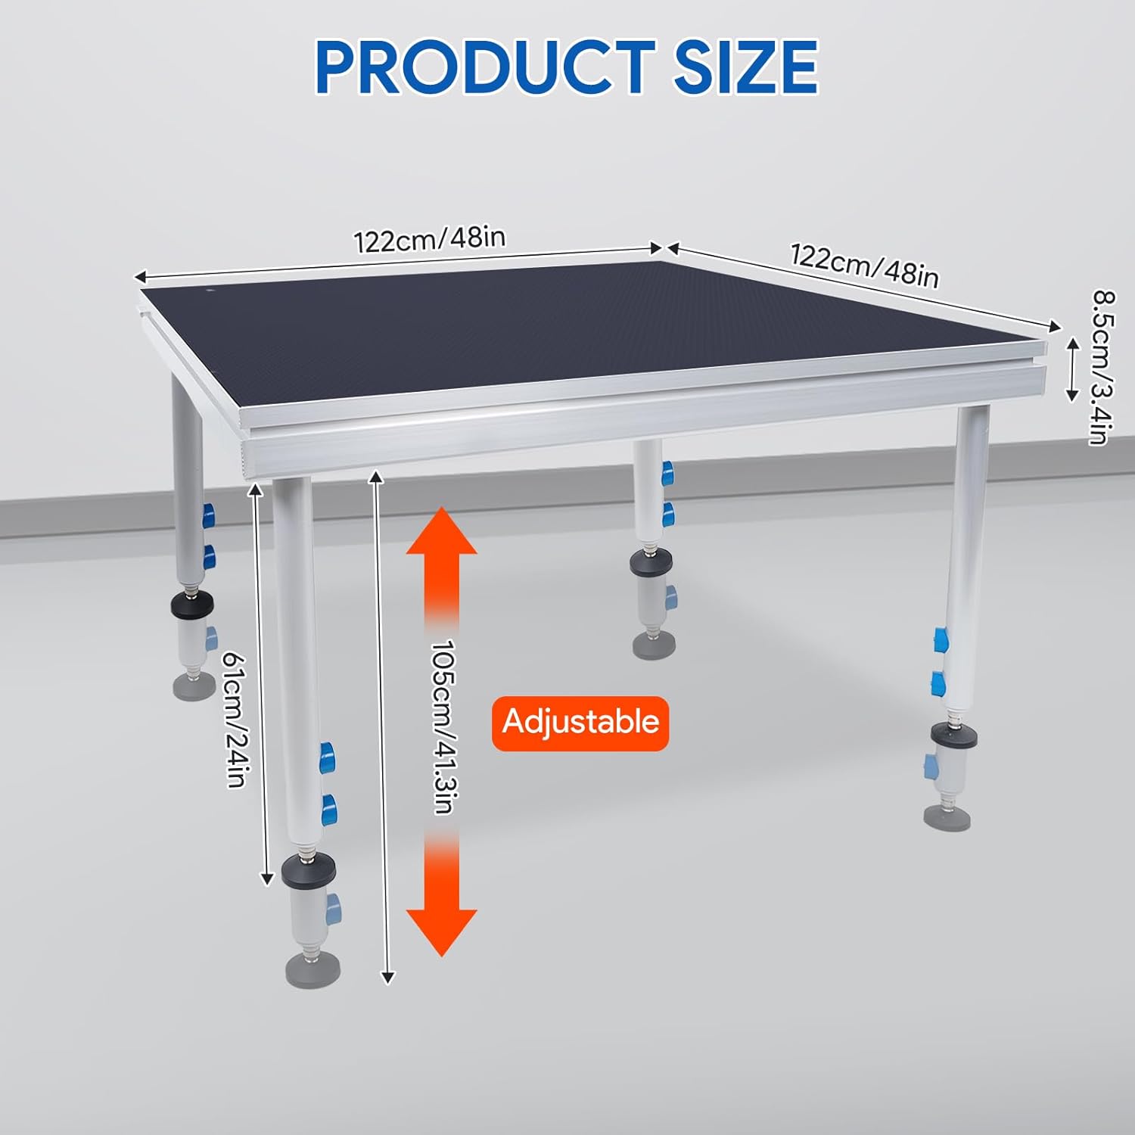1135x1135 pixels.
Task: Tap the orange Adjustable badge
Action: pyautogui.click(x=580, y=723)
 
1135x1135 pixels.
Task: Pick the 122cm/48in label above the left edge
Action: pyautogui.click(x=429, y=240)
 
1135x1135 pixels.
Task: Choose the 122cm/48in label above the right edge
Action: pyautogui.click(x=864, y=266)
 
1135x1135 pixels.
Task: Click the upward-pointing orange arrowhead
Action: pyautogui.click(x=442, y=533)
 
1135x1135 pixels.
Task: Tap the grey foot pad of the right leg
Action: pyautogui.click(x=947, y=818)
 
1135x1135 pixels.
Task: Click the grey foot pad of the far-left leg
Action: pyautogui.click(x=194, y=686)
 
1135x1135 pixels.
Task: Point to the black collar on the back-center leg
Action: pyautogui.click(x=653, y=561)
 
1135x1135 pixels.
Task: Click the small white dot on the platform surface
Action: pyautogui.click(x=211, y=290)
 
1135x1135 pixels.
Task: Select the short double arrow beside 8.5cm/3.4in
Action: pyautogui.click(x=1072, y=369)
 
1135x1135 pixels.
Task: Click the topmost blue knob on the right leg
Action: pyautogui.click(x=940, y=640)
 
